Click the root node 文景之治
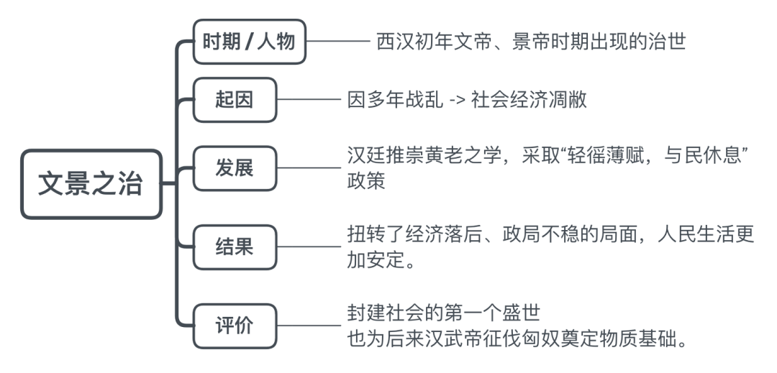[91, 185]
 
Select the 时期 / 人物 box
[249, 42]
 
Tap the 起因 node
[235, 100]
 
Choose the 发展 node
[235, 169]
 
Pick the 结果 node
[235, 247]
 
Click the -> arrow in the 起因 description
[456, 100]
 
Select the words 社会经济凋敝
[530, 100]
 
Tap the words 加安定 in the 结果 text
[383, 259]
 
